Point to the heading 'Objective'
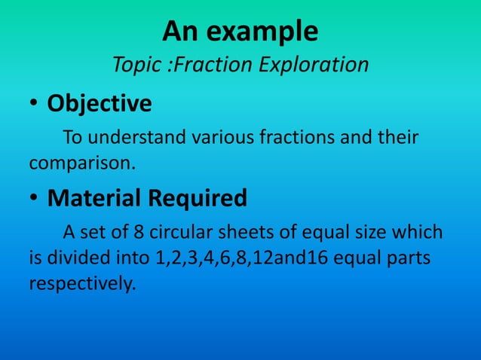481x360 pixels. point(100,103)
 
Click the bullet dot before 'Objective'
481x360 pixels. point(35,104)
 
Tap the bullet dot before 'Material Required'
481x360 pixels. point(35,198)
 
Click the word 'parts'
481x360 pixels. point(410,257)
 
